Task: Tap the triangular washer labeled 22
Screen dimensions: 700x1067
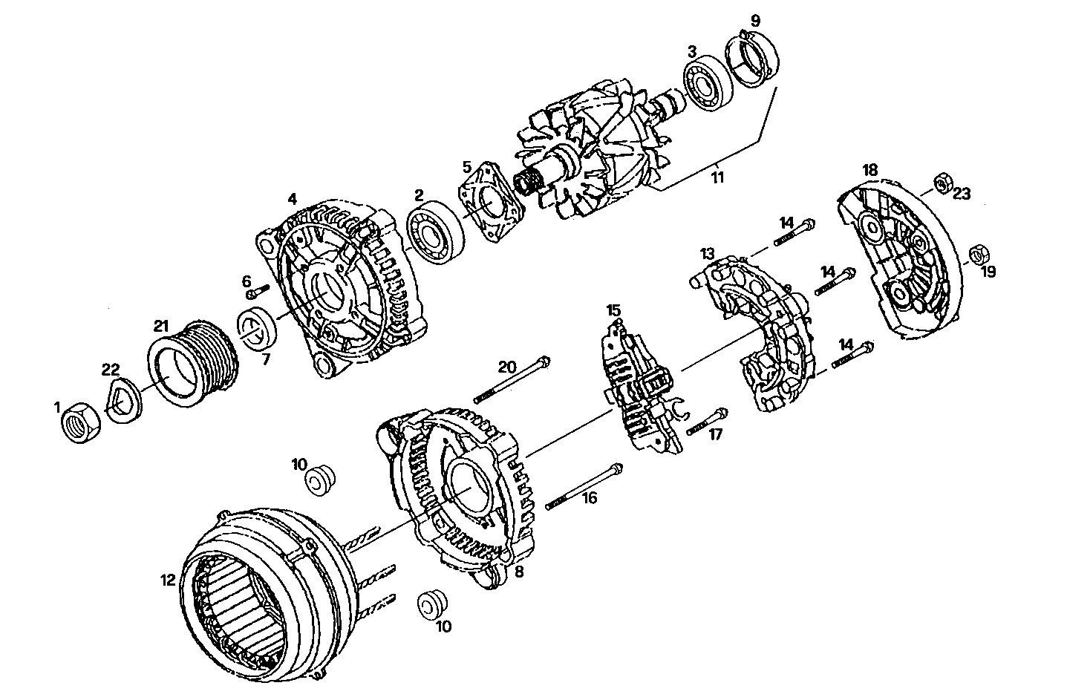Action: tap(119, 401)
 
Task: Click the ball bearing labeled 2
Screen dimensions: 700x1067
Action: tap(435, 234)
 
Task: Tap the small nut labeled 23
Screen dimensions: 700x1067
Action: tap(942, 182)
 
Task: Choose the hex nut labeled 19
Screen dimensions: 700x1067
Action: tap(978, 255)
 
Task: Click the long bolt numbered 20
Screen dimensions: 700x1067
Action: tap(512, 380)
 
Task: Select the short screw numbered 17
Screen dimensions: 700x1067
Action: tap(708, 422)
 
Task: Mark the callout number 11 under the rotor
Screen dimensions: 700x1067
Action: tap(717, 178)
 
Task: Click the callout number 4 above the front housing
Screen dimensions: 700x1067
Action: tap(293, 199)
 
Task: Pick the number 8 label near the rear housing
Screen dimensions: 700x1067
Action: tap(518, 572)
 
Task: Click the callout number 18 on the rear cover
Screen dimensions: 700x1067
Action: tap(869, 169)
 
